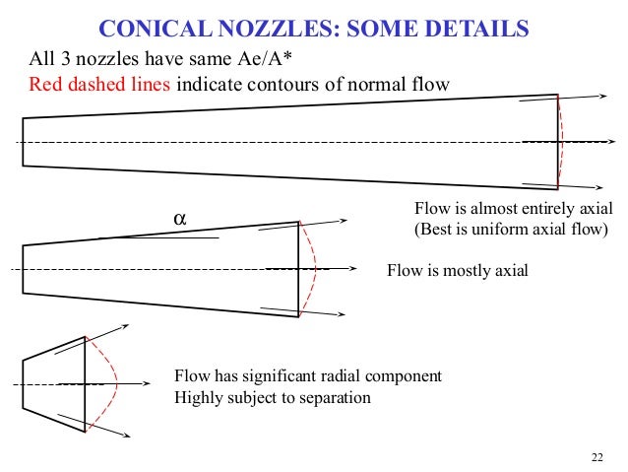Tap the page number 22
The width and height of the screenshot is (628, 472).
click(x=597, y=455)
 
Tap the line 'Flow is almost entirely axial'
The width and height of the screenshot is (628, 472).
click(x=513, y=210)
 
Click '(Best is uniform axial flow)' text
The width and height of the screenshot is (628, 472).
click(x=512, y=231)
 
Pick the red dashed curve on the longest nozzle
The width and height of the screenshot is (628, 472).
click(x=566, y=143)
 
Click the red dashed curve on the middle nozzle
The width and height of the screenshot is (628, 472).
click(x=314, y=269)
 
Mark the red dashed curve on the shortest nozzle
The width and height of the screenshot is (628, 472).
click(x=113, y=382)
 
